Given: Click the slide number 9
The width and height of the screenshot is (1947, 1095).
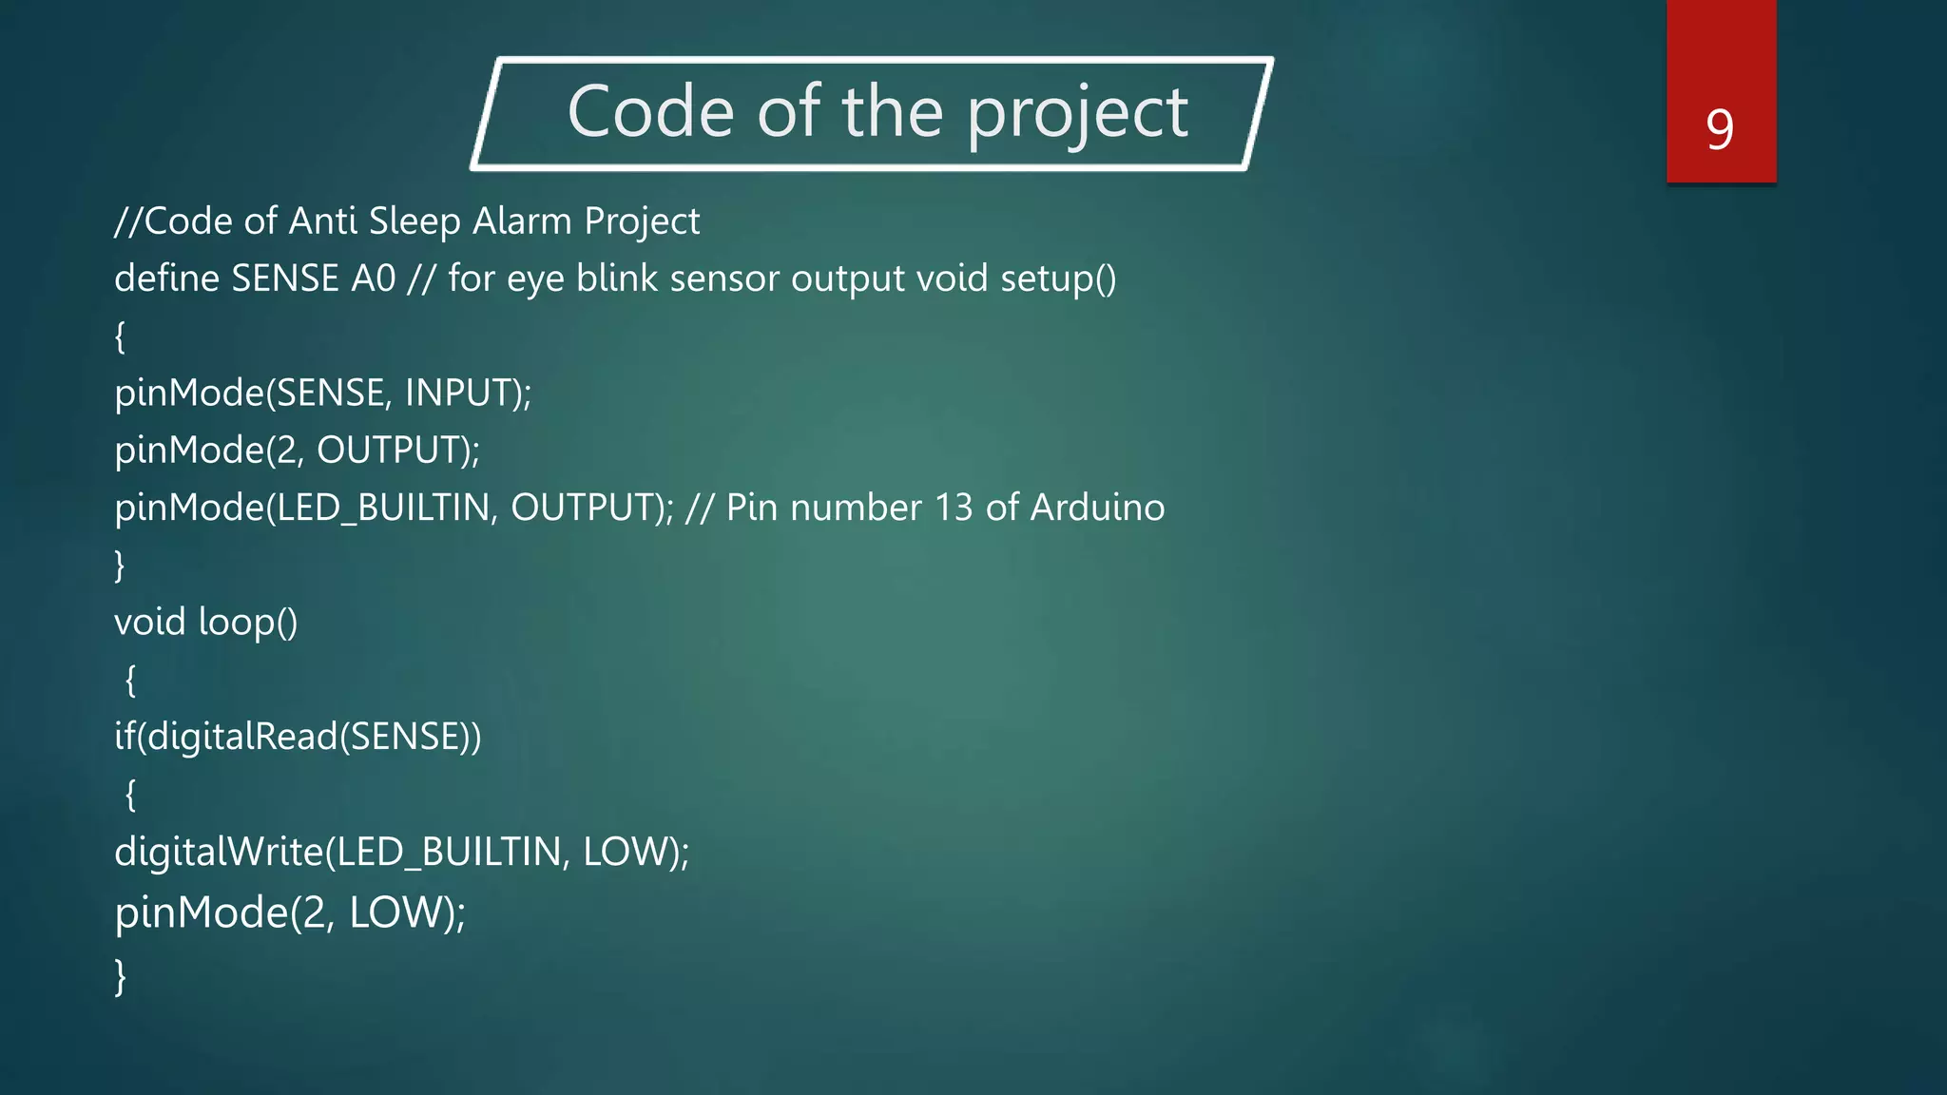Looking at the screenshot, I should coord(1720,129).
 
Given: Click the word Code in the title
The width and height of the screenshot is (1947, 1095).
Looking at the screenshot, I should coord(650,112).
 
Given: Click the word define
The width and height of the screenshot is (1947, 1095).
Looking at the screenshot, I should coord(166,279).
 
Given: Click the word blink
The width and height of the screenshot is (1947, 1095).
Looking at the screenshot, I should coord(616,279).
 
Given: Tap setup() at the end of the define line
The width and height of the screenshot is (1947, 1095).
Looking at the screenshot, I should coord(1058,279).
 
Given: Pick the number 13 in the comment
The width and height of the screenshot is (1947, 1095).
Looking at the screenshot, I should coord(954,508).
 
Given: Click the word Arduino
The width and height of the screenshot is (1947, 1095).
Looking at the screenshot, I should coord(1097,508).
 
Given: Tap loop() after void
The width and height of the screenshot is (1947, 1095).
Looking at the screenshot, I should coord(248,623).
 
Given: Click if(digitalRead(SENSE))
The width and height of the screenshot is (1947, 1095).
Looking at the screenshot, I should coord(298,737).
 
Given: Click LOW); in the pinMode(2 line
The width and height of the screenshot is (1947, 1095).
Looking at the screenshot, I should coord(407,912).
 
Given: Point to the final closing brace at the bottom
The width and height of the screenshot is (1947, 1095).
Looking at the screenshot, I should coord(120,975).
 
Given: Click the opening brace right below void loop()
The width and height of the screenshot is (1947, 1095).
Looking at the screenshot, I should coord(130,680).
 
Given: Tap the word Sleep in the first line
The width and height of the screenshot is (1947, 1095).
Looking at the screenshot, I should coord(414,221).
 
